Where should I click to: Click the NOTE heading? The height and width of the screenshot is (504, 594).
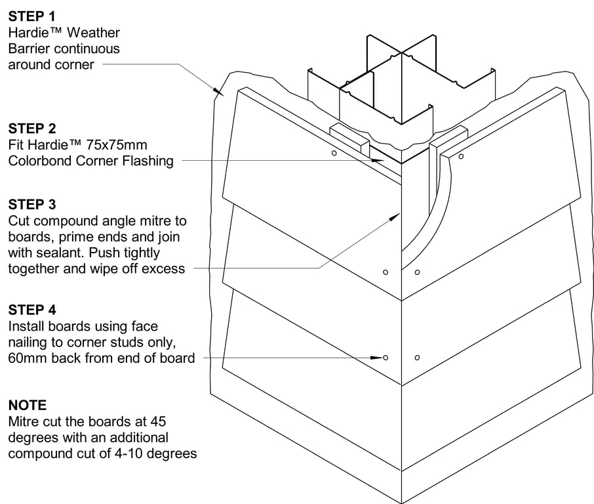click(28, 405)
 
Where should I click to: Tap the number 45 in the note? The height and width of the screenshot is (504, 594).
click(157, 421)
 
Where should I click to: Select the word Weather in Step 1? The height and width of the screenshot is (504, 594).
click(96, 33)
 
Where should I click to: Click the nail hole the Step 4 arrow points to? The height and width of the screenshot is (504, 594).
click(386, 357)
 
